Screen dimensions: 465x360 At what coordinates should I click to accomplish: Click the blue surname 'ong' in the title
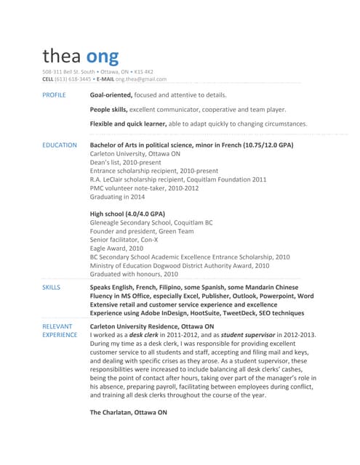pos(102,56)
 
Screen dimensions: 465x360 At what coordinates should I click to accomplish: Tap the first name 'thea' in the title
pos(61,56)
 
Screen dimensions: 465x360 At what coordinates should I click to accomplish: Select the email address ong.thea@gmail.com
pos(141,79)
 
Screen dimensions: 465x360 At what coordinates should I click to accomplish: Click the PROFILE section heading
pos(55,95)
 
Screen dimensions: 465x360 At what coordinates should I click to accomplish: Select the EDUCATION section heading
pos(60,145)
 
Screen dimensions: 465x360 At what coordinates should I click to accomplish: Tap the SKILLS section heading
pos(52,288)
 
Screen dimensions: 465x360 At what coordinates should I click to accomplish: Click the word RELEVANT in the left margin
pos(57,327)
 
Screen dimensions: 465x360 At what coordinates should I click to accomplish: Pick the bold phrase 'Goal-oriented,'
pos(111,95)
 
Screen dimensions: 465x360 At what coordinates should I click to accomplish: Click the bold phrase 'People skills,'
pos(109,109)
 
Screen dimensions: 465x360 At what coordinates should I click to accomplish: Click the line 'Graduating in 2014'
pos(117,197)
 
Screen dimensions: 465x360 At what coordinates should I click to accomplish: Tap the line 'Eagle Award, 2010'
pos(116,248)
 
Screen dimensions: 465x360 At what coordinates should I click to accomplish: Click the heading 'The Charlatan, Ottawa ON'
pos(128,413)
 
